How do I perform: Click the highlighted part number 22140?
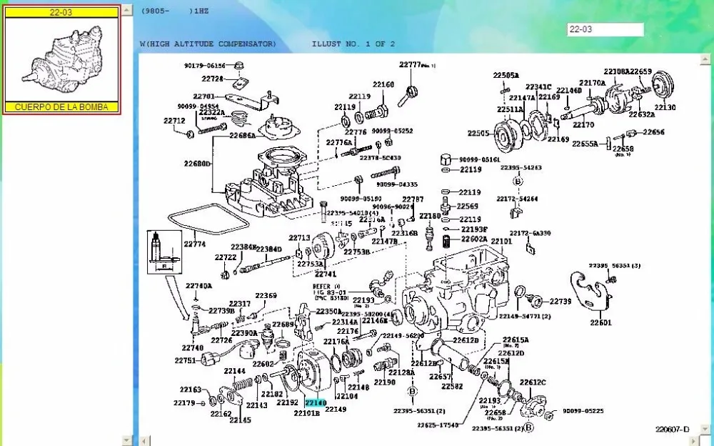tap(315, 404)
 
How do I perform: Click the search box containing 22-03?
tap(605, 29)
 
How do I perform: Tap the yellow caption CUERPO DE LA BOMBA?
tap(61, 107)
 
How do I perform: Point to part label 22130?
tap(664, 107)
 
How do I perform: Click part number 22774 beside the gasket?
tap(194, 244)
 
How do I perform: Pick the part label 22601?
tap(600, 322)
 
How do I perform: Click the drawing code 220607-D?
tap(673, 429)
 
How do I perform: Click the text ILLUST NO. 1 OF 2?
tap(353, 44)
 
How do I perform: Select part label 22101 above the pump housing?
tap(501, 242)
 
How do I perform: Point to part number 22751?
tap(184, 361)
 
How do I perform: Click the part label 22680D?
tap(198, 164)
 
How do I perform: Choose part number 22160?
tap(383, 84)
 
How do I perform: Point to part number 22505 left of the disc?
tap(478, 133)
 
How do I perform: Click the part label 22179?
tap(184, 403)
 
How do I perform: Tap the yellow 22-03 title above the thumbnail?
tap(61, 12)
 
